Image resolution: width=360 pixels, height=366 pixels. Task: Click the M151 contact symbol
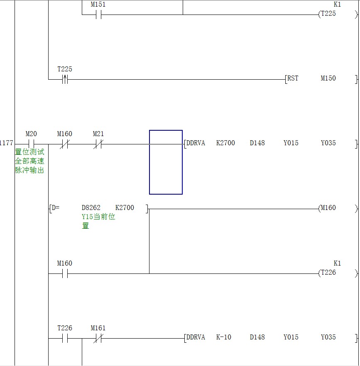(x=98, y=15)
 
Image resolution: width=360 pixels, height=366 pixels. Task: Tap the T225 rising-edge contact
(x=65, y=79)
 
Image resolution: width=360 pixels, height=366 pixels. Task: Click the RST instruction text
(x=293, y=78)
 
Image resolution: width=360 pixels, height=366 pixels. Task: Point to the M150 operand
(x=328, y=78)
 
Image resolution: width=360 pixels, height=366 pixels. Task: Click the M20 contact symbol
(x=31, y=144)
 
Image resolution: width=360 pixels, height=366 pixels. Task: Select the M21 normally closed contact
(x=98, y=144)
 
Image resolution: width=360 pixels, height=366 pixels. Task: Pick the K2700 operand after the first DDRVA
(x=225, y=143)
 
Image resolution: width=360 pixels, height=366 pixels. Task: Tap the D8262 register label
(x=91, y=207)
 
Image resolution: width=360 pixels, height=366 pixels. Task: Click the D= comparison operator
(x=56, y=207)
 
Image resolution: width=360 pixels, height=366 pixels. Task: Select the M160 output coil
(x=338, y=208)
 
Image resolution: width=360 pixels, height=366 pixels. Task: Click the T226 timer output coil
(x=338, y=273)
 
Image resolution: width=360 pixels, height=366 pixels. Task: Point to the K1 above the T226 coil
(x=337, y=263)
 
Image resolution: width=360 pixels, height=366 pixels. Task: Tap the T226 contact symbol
(x=65, y=338)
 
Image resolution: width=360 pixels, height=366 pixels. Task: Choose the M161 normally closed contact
(x=98, y=338)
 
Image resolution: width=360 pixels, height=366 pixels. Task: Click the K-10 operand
(x=223, y=337)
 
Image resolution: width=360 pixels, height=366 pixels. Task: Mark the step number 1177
(x=6, y=143)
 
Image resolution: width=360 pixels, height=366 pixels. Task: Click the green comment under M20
(x=29, y=161)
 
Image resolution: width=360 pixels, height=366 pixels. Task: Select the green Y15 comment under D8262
(x=98, y=221)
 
